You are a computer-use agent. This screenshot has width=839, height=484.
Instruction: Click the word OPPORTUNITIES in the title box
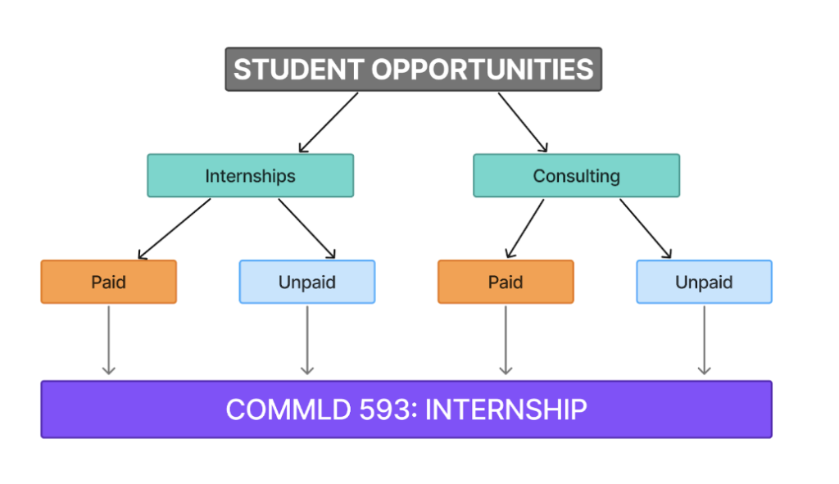click(x=483, y=70)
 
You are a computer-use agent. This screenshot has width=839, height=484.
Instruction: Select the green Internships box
click(x=250, y=176)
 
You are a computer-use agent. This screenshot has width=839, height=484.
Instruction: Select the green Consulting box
click(x=576, y=176)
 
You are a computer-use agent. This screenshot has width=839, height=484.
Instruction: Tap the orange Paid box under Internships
click(x=108, y=283)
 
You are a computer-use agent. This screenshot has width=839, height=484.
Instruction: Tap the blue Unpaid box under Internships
click(x=307, y=283)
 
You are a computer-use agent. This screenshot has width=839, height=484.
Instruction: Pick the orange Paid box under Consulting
click(x=506, y=283)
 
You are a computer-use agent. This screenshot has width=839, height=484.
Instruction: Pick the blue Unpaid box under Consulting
click(x=704, y=283)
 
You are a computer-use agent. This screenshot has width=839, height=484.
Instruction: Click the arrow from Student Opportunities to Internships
click(x=329, y=122)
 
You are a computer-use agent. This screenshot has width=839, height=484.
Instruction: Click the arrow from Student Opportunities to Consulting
click(x=523, y=122)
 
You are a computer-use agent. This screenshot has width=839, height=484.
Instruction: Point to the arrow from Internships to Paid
click(x=175, y=228)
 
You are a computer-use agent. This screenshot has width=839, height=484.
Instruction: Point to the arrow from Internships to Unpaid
click(x=307, y=228)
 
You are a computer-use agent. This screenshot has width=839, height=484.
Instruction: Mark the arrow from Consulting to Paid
click(x=524, y=228)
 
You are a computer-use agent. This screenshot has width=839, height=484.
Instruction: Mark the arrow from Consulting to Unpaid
click(x=646, y=228)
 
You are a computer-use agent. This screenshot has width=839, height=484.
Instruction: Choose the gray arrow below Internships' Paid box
click(x=108, y=340)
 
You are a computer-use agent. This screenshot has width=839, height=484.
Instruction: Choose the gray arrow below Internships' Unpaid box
click(x=307, y=340)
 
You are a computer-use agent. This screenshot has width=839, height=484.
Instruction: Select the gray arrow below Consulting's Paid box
click(x=506, y=340)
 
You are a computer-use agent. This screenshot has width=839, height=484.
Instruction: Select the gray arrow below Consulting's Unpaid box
click(x=704, y=340)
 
